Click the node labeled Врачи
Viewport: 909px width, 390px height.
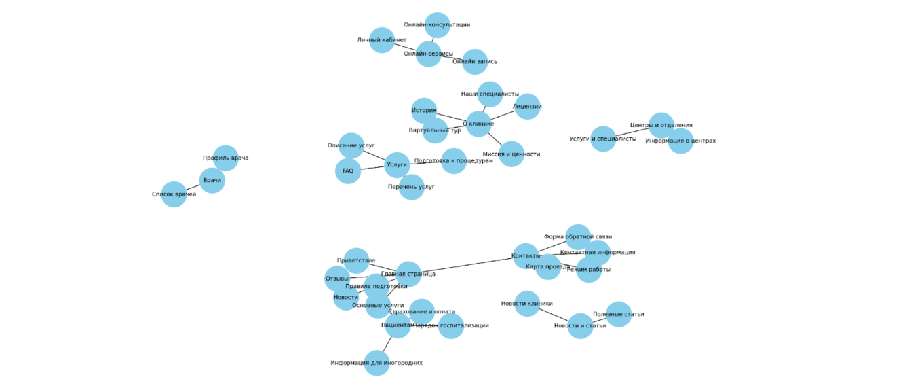(x=212, y=181)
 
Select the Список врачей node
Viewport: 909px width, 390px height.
(x=174, y=194)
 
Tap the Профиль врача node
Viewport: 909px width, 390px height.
(x=226, y=158)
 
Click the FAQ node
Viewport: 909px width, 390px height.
(x=348, y=171)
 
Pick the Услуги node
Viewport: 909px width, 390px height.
(x=397, y=165)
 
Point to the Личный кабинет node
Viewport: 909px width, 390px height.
(x=382, y=40)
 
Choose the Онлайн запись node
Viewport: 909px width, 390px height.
(x=475, y=62)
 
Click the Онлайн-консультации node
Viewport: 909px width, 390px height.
(x=437, y=25)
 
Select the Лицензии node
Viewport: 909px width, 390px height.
(x=527, y=107)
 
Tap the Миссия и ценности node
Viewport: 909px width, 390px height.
(x=511, y=154)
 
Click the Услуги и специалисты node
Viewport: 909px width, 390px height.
(x=603, y=139)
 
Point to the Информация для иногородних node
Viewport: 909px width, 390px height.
(x=376, y=363)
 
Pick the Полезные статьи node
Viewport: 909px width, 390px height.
(x=619, y=315)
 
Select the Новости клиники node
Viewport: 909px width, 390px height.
(x=527, y=304)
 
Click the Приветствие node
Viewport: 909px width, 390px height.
(x=356, y=261)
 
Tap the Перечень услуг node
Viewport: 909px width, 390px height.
(x=411, y=187)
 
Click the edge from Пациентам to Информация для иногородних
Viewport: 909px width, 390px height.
(x=387, y=344)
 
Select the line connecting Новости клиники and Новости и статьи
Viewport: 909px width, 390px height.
(x=554, y=315)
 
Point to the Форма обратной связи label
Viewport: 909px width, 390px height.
(x=578, y=237)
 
